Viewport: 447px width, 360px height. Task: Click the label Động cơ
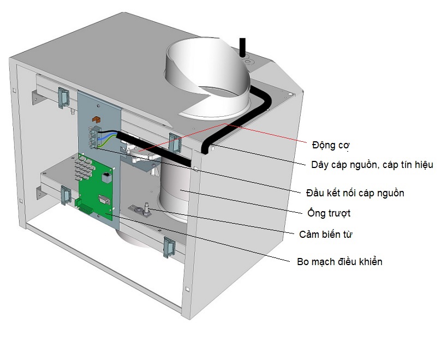[331, 146]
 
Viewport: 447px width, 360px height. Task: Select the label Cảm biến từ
[326, 235]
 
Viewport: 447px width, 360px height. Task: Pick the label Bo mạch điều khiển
[336, 262]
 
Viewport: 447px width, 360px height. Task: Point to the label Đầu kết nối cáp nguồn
[355, 193]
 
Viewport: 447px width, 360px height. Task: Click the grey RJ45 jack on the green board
[105, 177]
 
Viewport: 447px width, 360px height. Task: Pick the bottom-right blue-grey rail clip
[168, 248]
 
